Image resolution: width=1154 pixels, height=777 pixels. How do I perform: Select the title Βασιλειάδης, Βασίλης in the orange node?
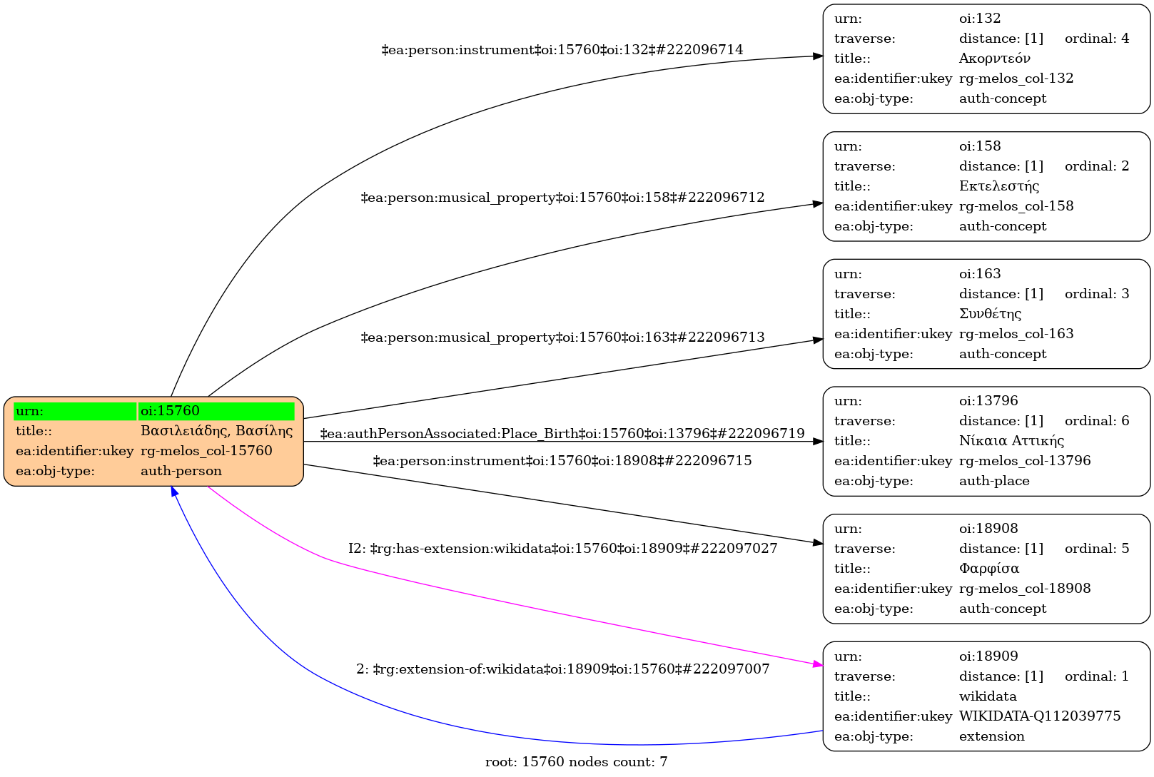tap(216, 431)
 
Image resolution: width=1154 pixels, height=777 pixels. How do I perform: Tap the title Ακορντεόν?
tap(994, 59)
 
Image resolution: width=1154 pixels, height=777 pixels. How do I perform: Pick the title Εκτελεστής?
tap(998, 186)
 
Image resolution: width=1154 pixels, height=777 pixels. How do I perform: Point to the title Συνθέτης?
tap(990, 314)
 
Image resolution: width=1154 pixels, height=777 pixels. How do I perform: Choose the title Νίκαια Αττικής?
tap(1011, 441)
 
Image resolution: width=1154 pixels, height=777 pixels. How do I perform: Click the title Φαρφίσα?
tap(988, 569)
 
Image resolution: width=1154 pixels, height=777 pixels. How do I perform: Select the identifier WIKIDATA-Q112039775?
tap(1039, 716)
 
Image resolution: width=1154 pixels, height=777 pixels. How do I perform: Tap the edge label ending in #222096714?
tap(562, 50)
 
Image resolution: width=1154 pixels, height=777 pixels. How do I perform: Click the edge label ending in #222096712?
tap(562, 198)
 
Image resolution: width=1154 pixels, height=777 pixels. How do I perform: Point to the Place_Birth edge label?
tap(562, 434)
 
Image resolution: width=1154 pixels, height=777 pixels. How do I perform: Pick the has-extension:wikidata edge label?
tap(562, 549)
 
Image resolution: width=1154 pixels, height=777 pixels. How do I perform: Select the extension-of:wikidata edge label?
tap(562, 669)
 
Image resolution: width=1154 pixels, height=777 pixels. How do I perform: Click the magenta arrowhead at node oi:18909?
tap(818, 665)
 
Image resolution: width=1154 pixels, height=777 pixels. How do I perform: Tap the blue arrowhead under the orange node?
tap(173, 492)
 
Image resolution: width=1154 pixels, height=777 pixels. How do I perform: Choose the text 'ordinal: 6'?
tap(1096, 421)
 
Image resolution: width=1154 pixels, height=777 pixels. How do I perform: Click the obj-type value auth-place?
tap(993, 481)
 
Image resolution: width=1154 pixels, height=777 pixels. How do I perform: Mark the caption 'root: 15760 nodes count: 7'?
tap(576, 762)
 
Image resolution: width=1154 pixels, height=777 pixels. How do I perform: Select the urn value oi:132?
tap(979, 19)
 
